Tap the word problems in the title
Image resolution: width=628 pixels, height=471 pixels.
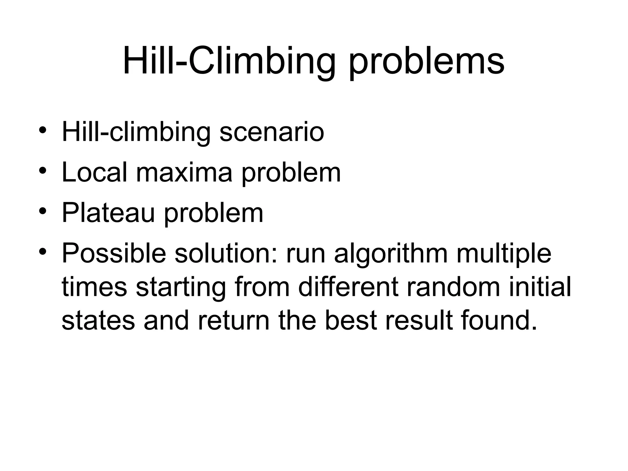pyautogui.click(x=427, y=63)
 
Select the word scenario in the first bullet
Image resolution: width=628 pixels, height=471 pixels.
pyautogui.click(x=272, y=132)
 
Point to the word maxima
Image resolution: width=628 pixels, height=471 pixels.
pyautogui.click(x=184, y=173)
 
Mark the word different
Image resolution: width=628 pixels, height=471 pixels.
pyautogui.click(x=348, y=287)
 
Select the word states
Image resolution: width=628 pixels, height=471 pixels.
pyautogui.click(x=98, y=320)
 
